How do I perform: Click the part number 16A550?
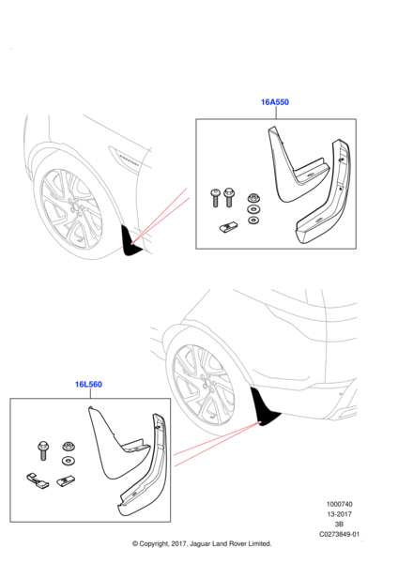(x=275, y=102)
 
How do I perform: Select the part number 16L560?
(x=88, y=384)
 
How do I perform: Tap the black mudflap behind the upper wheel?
(x=130, y=241)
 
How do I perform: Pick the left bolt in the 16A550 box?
(x=215, y=198)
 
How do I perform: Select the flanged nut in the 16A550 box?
(x=253, y=198)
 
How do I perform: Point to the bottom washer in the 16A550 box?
(x=253, y=220)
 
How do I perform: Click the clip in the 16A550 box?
(x=228, y=226)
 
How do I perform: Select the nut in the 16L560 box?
(x=69, y=447)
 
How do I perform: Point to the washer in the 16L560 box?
(x=69, y=461)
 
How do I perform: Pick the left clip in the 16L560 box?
(x=38, y=480)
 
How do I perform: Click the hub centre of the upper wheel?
(x=74, y=208)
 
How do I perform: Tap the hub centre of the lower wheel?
(x=207, y=383)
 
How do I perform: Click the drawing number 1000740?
(x=340, y=504)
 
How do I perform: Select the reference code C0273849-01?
(x=340, y=534)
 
